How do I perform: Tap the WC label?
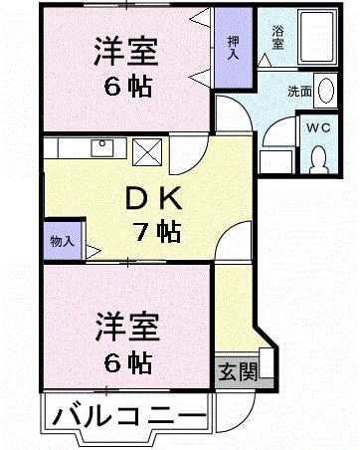[x=318, y=128]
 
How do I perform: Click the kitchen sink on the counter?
[x=101, y=148]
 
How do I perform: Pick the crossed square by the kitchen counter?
[x=147, y=152]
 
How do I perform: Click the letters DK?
[x=144, y=197]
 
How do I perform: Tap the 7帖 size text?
[x=157, y=234]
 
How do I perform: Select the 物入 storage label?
[x=62, y=240]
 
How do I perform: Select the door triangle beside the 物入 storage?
[x=90, y=250]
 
